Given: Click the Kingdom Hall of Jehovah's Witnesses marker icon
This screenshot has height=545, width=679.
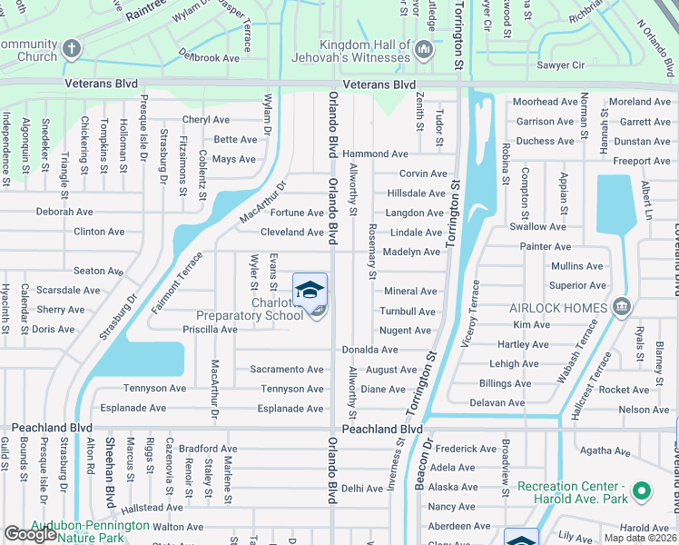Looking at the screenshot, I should point(424,49).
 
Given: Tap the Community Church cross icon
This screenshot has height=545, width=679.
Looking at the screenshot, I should point(71,47).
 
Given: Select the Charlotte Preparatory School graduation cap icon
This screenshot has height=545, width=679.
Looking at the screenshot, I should point(310,290).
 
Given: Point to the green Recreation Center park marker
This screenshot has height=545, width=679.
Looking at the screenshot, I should point(641,492).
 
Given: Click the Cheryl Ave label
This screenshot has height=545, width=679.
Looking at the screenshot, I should point(206,120).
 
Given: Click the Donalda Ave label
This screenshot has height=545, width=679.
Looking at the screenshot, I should point(369,350).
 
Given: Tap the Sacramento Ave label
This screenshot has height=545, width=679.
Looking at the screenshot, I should point(287,370).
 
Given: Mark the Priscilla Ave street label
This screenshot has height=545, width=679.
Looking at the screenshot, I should point(210,330).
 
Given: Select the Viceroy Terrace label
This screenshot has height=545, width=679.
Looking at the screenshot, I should point(473,312).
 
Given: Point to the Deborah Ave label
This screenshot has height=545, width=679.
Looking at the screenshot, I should point(64,212).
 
